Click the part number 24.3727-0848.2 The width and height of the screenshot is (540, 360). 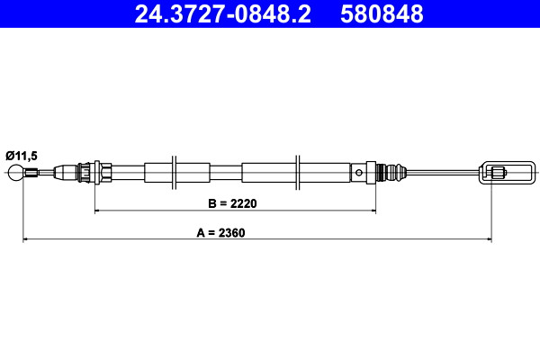click(222, 13)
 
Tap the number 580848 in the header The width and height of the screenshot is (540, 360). click(382, 13)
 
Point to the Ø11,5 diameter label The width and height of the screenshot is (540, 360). click(22, 156)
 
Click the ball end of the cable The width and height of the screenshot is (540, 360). click(16, 173)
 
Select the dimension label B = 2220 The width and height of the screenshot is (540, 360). click(232, 203)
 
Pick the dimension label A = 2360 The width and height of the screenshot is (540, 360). click(220, 232)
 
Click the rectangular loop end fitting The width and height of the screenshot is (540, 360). click(507, 172)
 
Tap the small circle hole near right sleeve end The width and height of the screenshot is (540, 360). click(359, 172)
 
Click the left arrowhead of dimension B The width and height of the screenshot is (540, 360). click(97, 210)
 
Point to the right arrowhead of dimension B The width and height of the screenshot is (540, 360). click(373, 210)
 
